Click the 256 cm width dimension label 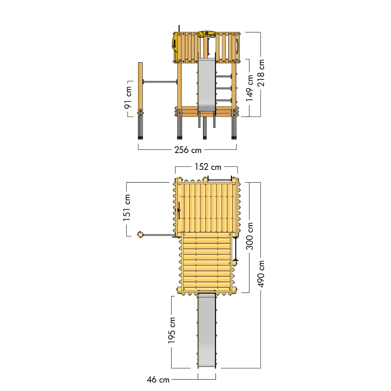pyautogui.click(x=188, y=150)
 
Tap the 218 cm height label pyautogui.click(x=261, y=73)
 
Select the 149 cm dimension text pyautogui.click(x=249, y=88)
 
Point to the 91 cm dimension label pyautogui.click(x=128, y=97)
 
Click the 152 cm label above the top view pyautogui.click(x=208, y=167)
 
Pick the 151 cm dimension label pyautogui.click(x=127, y=208)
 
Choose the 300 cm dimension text pyautogui.click(x=249, y=236)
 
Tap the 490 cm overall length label pyautogui.click(x=261, y=274)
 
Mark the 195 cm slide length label pyautogui.click(x=171, y=330)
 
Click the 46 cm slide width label pyautogui.click(x=158, y=380)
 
